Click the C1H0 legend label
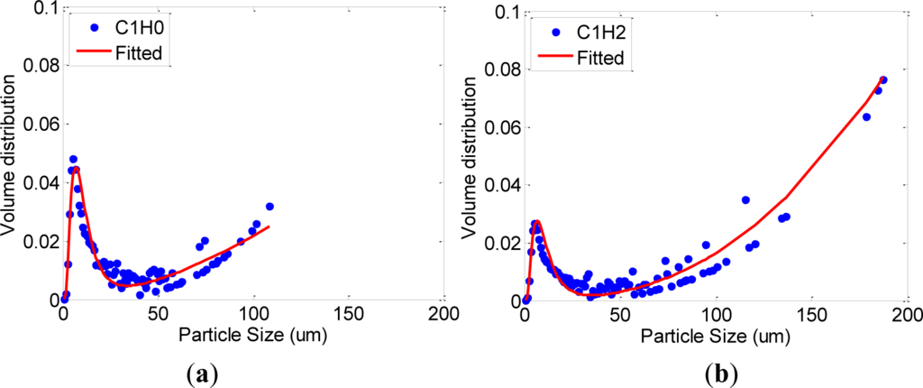coord(136,28)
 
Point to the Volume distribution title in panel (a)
coord(11,153)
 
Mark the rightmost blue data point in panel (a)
coord(270,207)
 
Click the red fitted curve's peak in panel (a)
coord(76,168)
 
